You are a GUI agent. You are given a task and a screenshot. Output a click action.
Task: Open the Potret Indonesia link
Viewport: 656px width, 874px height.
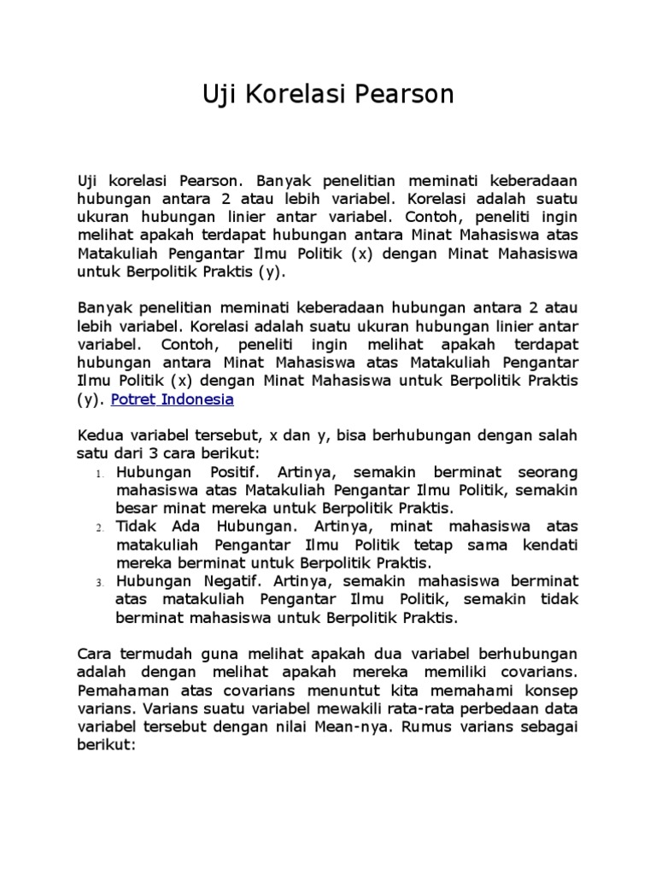173,399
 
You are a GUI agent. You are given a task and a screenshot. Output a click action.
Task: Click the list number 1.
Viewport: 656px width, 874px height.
100,474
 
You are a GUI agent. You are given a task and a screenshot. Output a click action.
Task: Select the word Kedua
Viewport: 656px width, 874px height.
99,435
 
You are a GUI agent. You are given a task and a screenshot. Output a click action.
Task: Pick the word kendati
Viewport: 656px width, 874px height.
549,545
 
